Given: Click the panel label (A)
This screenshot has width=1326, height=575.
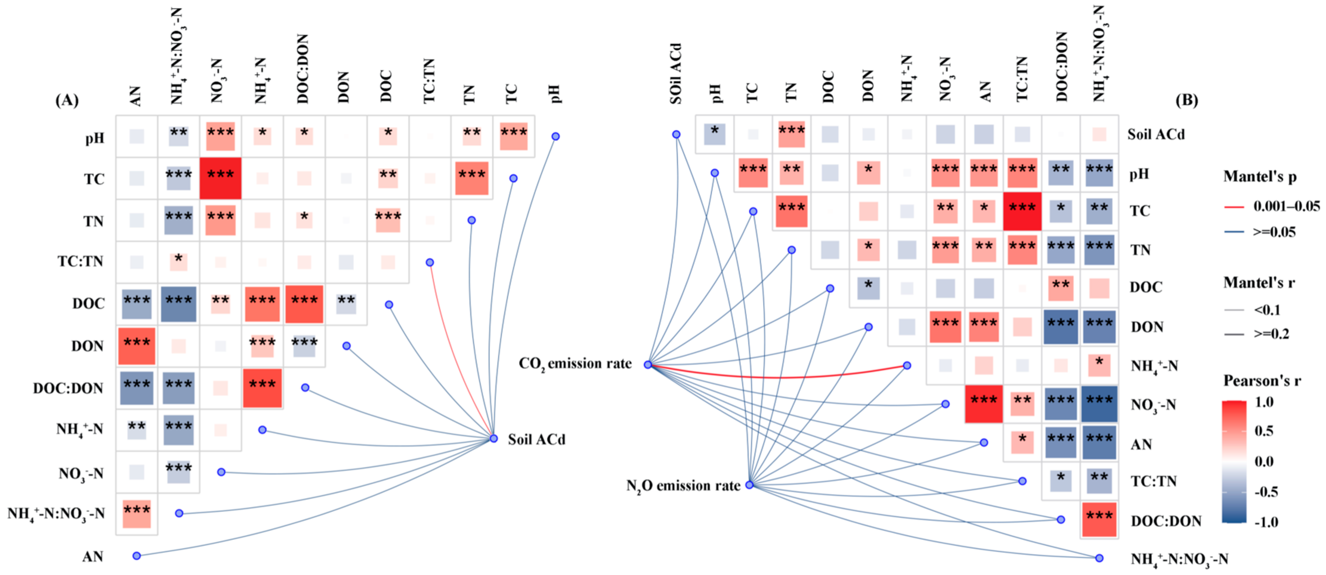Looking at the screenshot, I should [67, 99].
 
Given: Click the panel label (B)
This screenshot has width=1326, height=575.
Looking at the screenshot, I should [1187, 99].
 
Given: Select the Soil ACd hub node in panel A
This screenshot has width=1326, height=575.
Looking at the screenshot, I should [494, 438].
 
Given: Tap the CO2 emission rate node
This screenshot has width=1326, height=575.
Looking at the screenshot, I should [648, 365].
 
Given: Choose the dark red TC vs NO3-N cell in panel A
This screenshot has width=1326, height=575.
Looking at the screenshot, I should [220, 178].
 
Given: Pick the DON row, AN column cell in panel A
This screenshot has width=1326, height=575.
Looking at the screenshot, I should [136, 346].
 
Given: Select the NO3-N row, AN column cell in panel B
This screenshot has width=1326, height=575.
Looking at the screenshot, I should [983, 404].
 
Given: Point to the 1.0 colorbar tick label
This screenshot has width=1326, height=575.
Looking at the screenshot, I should [1265, 402].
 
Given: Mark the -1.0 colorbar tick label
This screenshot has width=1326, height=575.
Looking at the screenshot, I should [1266, 522].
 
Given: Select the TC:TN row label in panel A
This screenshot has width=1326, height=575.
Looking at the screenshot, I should [80, 262].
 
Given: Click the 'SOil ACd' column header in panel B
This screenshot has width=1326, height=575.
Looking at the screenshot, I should [676, 74].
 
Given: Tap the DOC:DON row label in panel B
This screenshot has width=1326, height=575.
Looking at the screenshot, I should [1166, 521].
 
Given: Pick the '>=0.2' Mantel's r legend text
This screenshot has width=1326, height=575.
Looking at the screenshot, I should [1272, 334].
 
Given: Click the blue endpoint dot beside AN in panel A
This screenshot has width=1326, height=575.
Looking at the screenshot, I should [136, 555].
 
